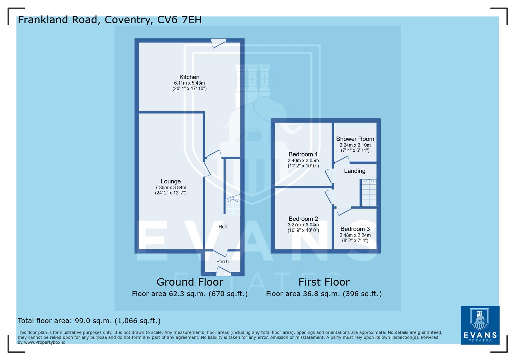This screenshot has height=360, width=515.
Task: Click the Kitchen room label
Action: point(189,77)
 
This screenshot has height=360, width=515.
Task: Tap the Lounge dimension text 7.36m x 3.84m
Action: point(171,188)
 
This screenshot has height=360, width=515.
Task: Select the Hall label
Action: point(222,227)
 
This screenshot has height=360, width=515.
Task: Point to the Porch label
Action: point(222,262)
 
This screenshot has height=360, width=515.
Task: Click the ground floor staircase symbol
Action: point(233,205)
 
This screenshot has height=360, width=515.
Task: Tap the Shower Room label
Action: point(355,139)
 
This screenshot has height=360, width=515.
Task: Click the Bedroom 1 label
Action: point(303,154)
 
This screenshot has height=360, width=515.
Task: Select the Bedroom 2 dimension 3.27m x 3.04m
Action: point(303,225)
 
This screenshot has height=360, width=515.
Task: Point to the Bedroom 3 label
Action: point(355,229)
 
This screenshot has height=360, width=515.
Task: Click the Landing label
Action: point(355,171)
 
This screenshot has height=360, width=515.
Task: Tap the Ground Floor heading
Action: point(190,282)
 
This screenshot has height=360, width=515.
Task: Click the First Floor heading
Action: point(324,282)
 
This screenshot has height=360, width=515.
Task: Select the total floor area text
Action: point(89,321)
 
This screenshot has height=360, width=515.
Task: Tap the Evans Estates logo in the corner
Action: point(480,325)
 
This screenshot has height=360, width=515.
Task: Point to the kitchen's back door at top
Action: point(218,43)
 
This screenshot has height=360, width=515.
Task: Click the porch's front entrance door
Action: point(223,273)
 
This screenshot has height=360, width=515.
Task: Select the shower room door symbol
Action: point(342,160)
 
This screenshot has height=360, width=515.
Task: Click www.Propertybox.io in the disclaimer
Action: point(44,342)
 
